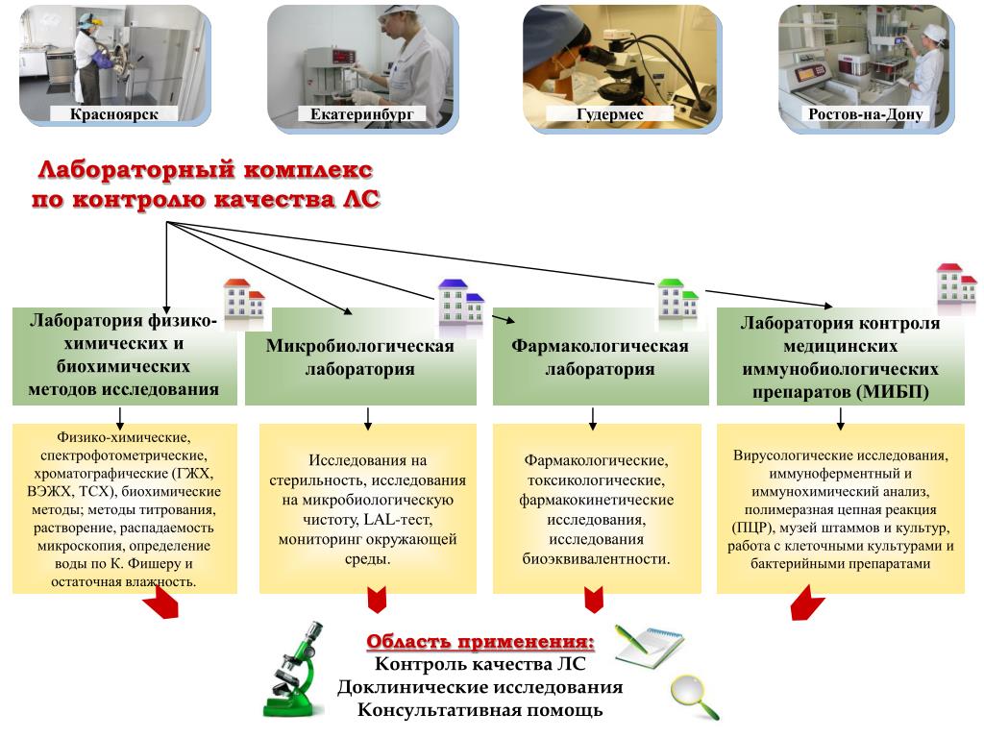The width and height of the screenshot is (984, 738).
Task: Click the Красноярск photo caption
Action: (x=114, y=114)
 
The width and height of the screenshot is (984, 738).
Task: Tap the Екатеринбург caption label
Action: (x=362, y=114)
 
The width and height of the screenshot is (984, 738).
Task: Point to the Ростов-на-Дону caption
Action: (x=866, y=114)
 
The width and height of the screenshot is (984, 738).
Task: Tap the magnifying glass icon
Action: (x=695, y=696)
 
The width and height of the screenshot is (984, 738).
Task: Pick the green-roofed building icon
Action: (x=677, y=301)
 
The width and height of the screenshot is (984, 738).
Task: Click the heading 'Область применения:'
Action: (x=480, y=642)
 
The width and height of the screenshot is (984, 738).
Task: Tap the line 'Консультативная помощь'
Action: (x=480, y=710)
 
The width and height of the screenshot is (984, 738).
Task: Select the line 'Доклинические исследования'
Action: (x=480, y=687)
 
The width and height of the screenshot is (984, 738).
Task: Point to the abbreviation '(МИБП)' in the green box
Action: (x=900, y=392)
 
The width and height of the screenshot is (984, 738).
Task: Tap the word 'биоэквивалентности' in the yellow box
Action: (x=597, y=558)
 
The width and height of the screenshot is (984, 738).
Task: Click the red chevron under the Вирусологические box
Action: (x=807, y=604)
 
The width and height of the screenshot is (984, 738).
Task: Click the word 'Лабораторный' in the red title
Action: (x=136, y=170)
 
